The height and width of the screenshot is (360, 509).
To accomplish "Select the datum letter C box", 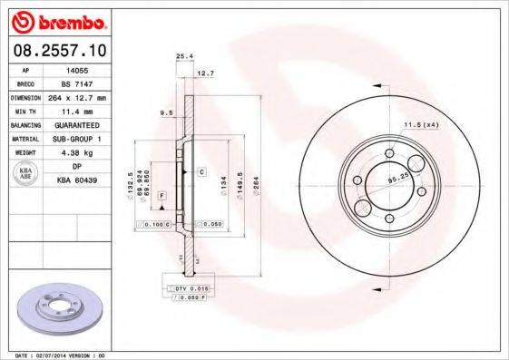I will (201, 170).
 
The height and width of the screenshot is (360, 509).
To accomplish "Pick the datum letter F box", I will (162, 195).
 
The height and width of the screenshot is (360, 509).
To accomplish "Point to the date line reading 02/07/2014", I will (54, 356).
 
